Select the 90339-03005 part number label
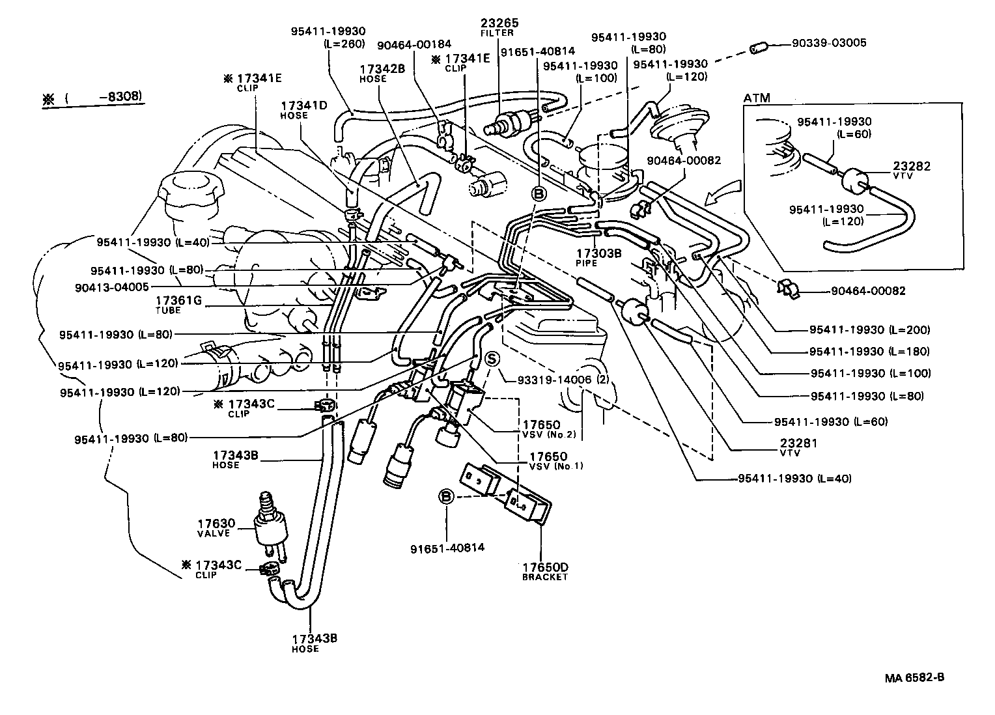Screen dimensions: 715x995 click(x=829, y=44)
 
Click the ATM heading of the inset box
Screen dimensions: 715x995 click(x=757, y=98)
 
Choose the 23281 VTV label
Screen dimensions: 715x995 click(x=798, y=448)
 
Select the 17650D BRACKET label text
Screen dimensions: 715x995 click(x=545, y=571)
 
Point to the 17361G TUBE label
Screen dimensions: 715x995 click(x=178, y=305)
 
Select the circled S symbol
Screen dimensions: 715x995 click(x=492, y=358)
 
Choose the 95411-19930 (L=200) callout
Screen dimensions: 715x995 click(x=869, y=330)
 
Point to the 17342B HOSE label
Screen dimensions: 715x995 click(x=373, y=72)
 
